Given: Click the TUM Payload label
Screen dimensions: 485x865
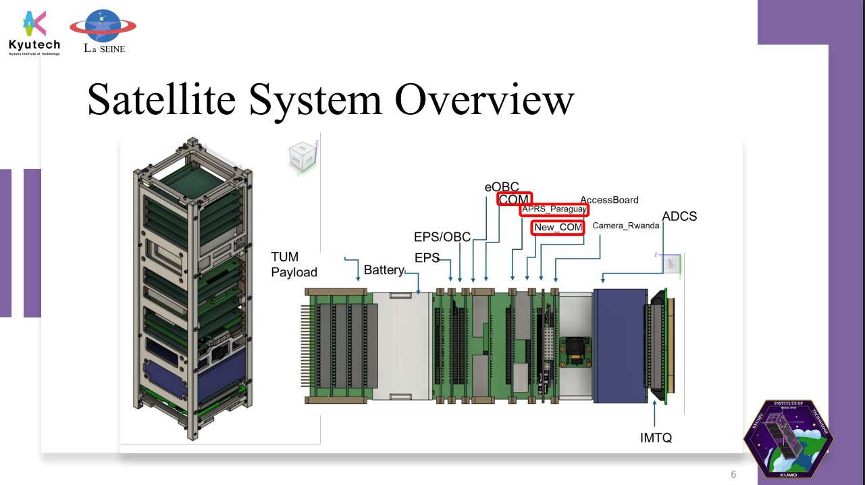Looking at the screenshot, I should click(294, 264).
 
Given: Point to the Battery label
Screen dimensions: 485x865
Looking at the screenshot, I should click(383, 270).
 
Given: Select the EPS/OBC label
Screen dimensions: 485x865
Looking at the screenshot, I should click(442, 236).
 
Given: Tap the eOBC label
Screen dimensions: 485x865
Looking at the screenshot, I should click(501, 186).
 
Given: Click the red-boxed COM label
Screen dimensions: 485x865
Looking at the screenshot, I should click(515, 199).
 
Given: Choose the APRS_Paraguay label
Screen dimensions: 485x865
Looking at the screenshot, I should click(554, 209).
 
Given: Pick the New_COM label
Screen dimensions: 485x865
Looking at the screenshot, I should click(558, 228).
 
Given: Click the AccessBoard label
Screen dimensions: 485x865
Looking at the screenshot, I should click(609, 200).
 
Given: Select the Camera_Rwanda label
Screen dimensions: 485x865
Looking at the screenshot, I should click(625, 226).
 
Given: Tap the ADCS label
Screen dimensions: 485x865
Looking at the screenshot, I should click(679, 217).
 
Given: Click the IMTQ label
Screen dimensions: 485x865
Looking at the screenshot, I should click(656, 438).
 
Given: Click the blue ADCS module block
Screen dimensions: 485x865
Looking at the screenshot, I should click(619, 347).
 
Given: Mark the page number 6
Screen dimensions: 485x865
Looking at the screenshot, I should click(733, 474).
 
